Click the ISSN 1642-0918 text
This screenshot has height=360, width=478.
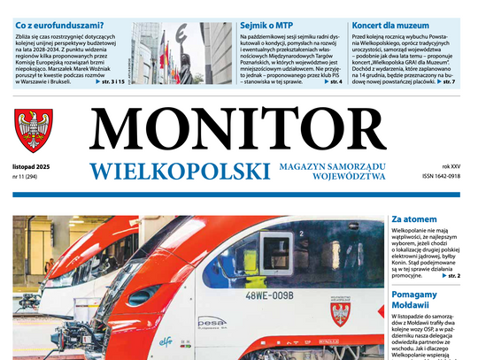[441, 176]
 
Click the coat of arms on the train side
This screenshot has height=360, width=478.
[339, 313]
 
